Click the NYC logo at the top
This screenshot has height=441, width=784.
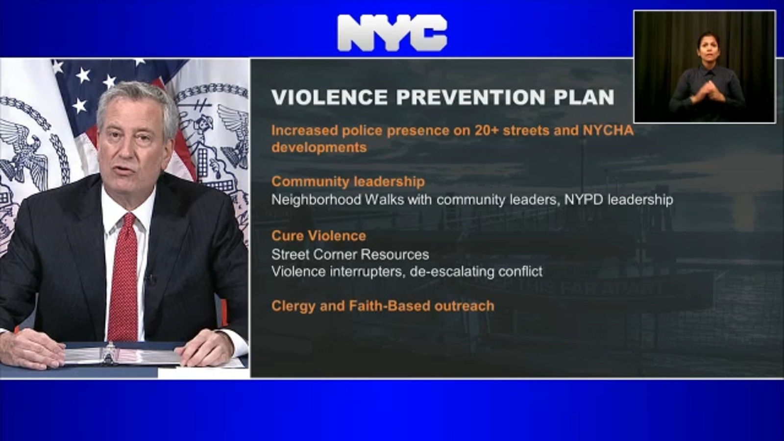[x=392, y=33]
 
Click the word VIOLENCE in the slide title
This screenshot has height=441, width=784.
[x=329, y=97]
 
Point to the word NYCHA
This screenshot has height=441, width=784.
[x=608, y=130]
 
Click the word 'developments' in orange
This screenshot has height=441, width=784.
[x=319, y=147]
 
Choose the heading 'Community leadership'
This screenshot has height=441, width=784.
[x=348, y=182]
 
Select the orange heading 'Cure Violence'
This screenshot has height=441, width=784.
[x=319, y=236]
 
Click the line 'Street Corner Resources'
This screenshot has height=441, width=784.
[x=350, y=254]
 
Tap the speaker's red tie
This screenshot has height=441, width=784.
[x=123, y=276]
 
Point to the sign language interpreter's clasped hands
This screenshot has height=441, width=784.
[x=705, y=92]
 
